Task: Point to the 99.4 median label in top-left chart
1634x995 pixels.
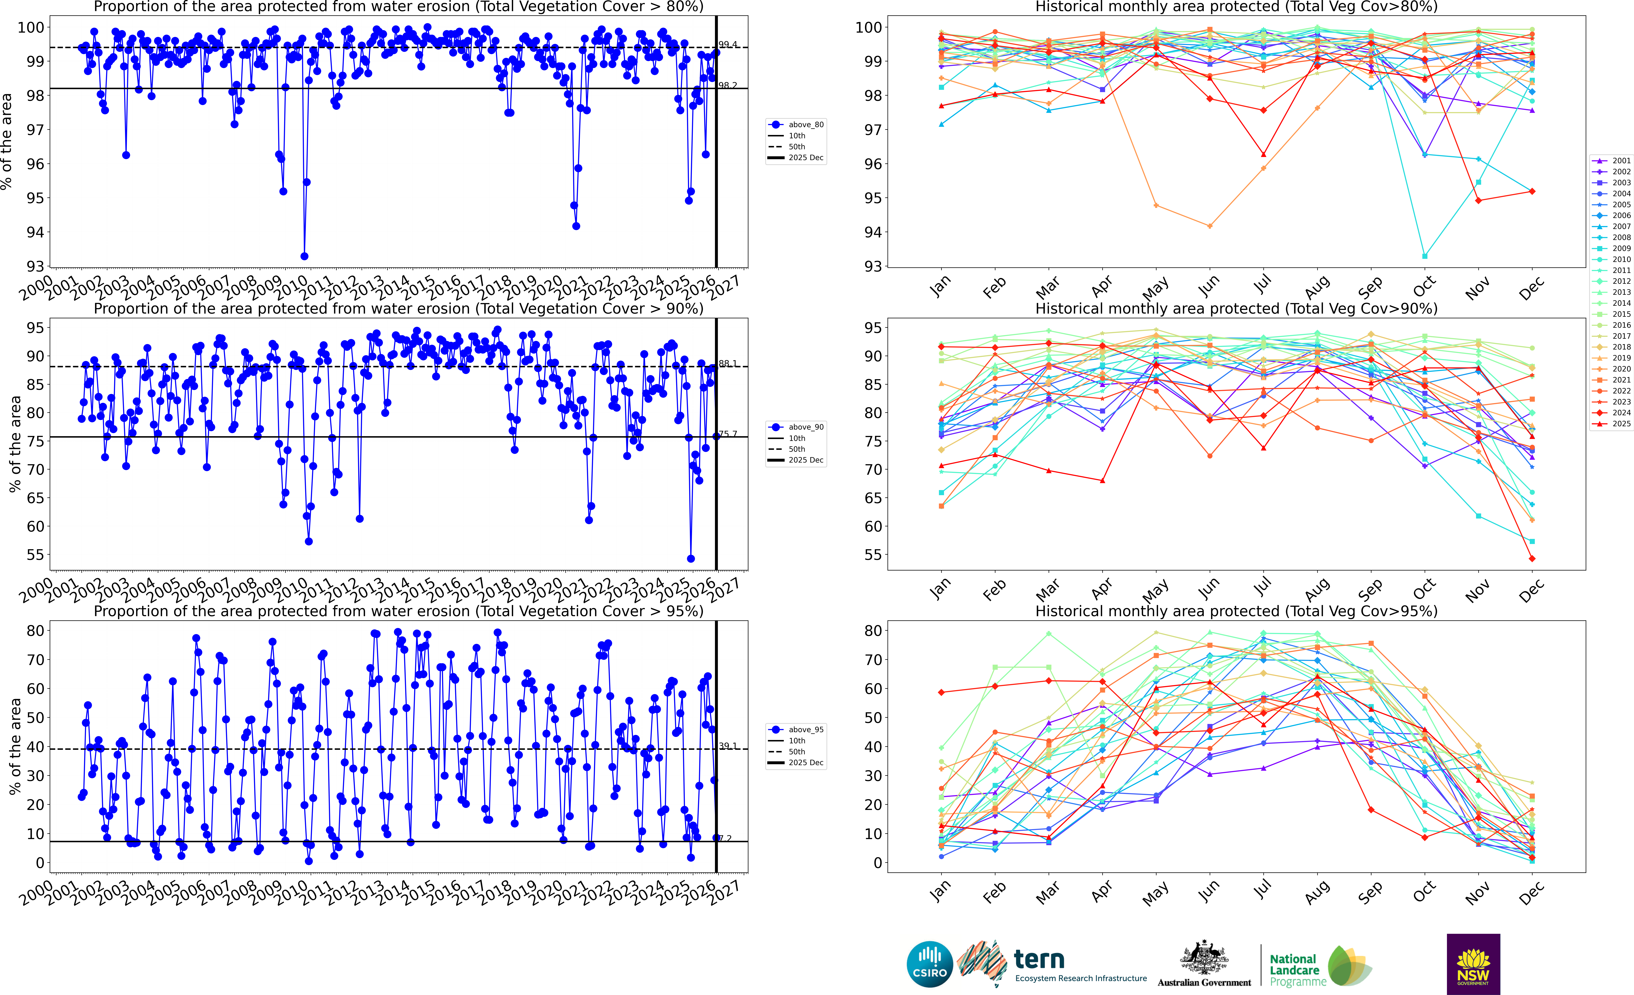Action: point(727,44)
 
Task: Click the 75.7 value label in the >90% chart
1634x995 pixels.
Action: point(727,434)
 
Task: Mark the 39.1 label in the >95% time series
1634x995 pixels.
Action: point(727,746)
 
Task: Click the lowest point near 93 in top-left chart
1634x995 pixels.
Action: point(304,256)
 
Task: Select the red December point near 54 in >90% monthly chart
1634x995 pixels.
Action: point(1532,558)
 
